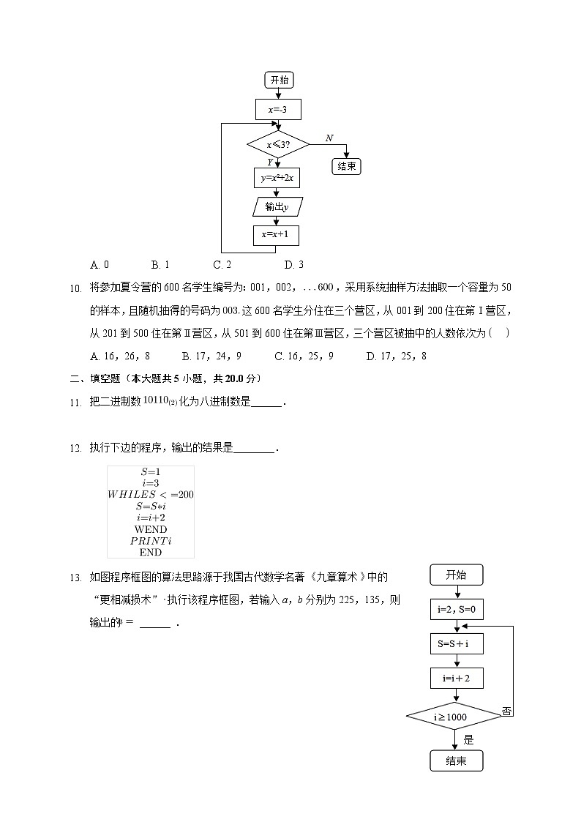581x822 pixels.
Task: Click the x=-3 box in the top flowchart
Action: [278, 110]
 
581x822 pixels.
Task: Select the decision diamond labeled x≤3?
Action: [278, 144]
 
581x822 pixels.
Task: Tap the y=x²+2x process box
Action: [277, 178]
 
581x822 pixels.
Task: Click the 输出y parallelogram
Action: [277, 207]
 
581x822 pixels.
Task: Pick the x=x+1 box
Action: [277, 235]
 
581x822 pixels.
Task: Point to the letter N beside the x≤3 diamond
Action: [329, 138]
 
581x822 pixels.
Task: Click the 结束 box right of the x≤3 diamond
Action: [347, 166]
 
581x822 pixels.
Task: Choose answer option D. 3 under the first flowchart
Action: [294, 265]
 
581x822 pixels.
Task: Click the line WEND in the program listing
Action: [151, 529]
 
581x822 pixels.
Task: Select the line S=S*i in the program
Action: [151, 506]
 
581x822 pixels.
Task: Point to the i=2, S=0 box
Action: [457, 608]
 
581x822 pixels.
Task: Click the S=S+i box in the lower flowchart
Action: [457, 644]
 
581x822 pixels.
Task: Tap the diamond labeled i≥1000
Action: [455, 717]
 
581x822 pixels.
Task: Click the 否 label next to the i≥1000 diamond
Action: [506, 711]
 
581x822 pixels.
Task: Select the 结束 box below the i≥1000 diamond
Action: [456, 761]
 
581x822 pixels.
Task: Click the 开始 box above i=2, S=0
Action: [456, 575]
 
